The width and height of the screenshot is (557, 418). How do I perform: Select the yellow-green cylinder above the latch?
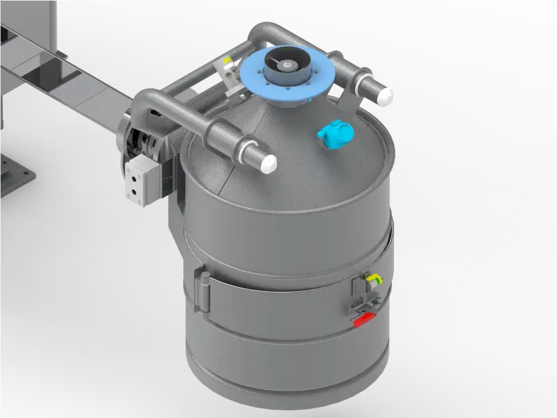tap(374, 280)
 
